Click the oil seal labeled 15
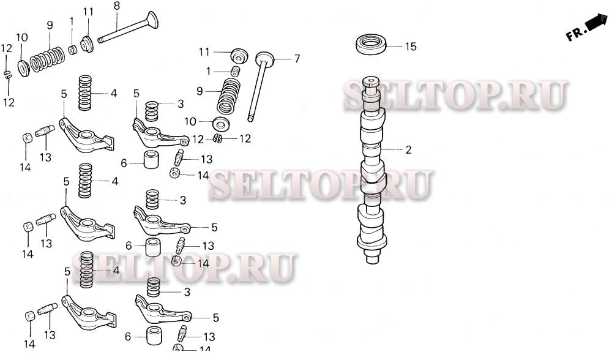click(371, 45)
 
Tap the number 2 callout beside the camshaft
click(408, 149)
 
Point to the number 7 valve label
click(297, 59)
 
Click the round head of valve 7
click(264, 60)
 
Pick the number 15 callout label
click(410, 47)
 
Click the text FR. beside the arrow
click(576, 36)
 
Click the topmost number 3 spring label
click(181, 103)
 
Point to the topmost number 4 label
click(113, 94)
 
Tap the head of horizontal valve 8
click(150, 21)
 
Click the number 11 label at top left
click(88, 12)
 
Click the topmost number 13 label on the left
click(45, 157)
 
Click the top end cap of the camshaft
click(371, 81)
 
